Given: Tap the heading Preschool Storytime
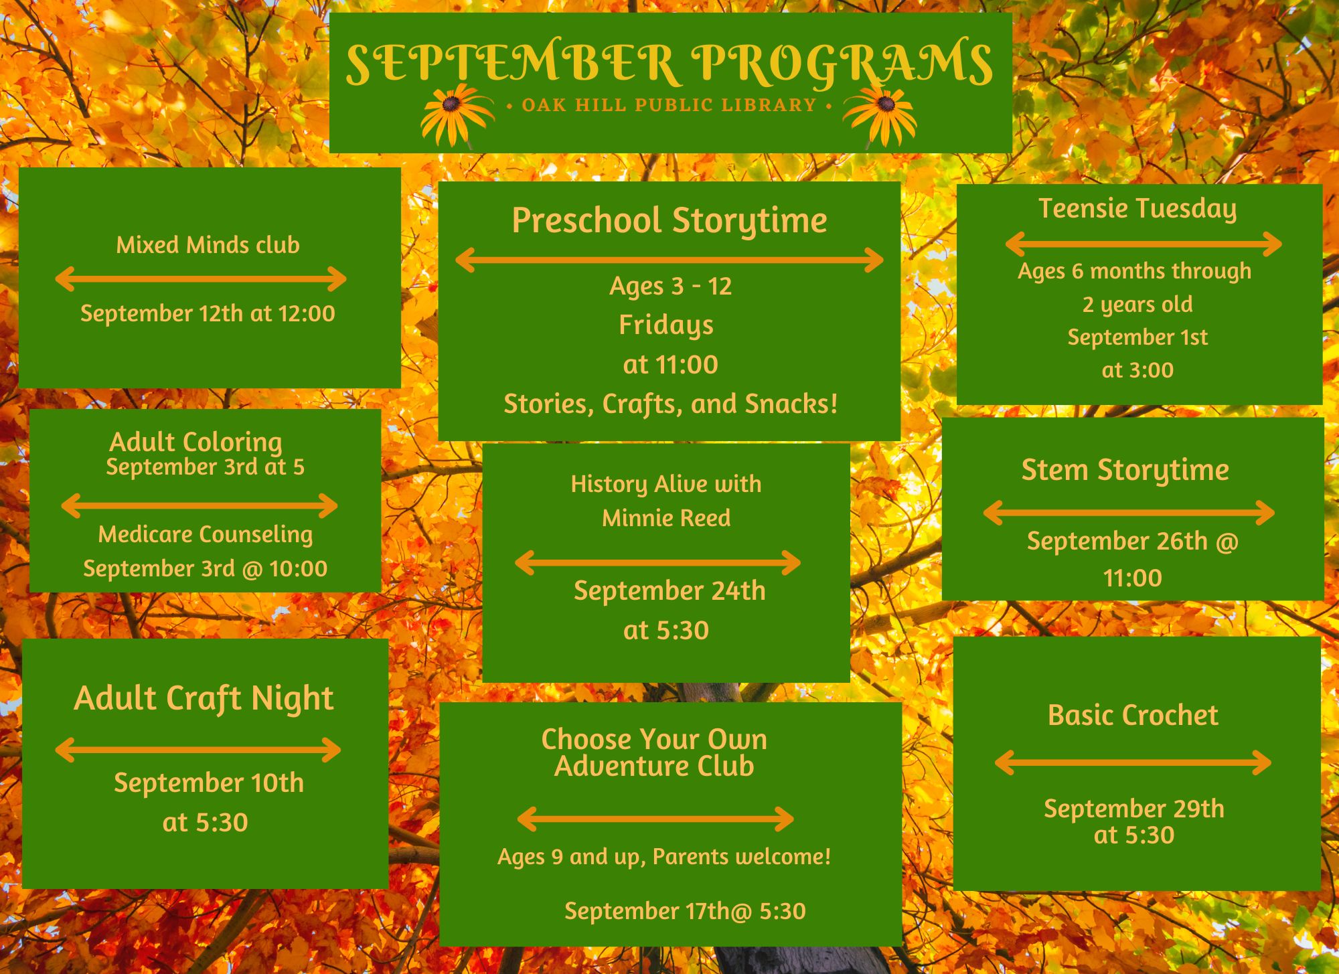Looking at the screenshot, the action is (x=669, y=222).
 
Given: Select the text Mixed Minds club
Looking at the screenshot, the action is (x=208, y=245).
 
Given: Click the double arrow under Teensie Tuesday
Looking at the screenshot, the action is (x=1144, y=244).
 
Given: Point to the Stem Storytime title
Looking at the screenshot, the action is (x=1125, y=471).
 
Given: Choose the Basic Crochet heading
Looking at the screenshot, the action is (x=1133, y=715).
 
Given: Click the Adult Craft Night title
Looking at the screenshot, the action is (x=204, y=699).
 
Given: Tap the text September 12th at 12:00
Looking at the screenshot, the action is (x=208, y=313).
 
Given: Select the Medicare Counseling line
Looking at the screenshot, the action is (x=206, y=535).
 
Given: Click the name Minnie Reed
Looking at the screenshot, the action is (x=666, y=518).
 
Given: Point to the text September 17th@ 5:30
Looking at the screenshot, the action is (x=685, y=911).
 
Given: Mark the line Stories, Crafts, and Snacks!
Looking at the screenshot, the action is (x=670, y=404).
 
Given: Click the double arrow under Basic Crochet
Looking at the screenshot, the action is (x=1133, y=762).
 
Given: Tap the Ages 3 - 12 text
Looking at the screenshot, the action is (x=670, y=287).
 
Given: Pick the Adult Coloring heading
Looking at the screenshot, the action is (x=195, y=442).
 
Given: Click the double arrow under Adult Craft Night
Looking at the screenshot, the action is (x=198, y=750).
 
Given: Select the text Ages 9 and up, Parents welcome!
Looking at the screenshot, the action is (x=664, y=858).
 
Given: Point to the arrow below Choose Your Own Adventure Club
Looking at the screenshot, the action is (x=655, y=819).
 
